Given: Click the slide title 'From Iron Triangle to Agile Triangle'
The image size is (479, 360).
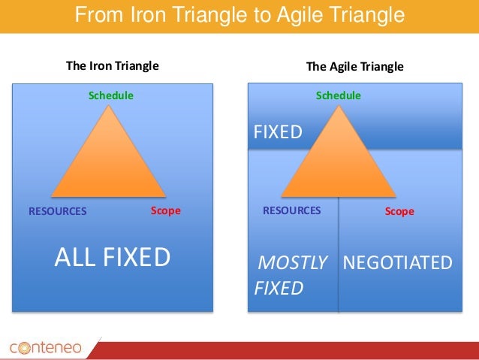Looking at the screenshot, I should (239, 15).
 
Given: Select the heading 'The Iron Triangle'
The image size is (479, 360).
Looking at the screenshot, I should (113, 65).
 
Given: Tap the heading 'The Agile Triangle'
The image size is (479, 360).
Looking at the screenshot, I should (355, 66).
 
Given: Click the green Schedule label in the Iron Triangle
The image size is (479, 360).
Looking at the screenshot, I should (111, 95).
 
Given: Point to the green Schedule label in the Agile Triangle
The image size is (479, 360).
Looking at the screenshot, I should (338, 95).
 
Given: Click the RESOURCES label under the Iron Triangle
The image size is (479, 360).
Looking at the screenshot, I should (58, 211).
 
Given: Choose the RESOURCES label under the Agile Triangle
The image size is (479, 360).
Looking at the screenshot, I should (291, 210).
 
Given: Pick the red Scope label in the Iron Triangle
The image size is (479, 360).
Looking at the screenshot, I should (165, 210).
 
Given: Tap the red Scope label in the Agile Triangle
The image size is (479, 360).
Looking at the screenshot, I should (399, 212).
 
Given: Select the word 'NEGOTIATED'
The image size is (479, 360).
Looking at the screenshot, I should (398, 262).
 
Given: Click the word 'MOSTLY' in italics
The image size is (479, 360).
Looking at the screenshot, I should (292, 262).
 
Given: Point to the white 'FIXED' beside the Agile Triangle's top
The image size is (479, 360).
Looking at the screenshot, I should (277, 133).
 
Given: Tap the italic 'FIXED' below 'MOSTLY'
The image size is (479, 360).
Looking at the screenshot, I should (278, 288).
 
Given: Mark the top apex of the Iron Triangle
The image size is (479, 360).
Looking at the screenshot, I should (110, 105).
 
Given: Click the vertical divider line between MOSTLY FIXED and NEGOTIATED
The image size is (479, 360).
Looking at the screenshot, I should (339, 256).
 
